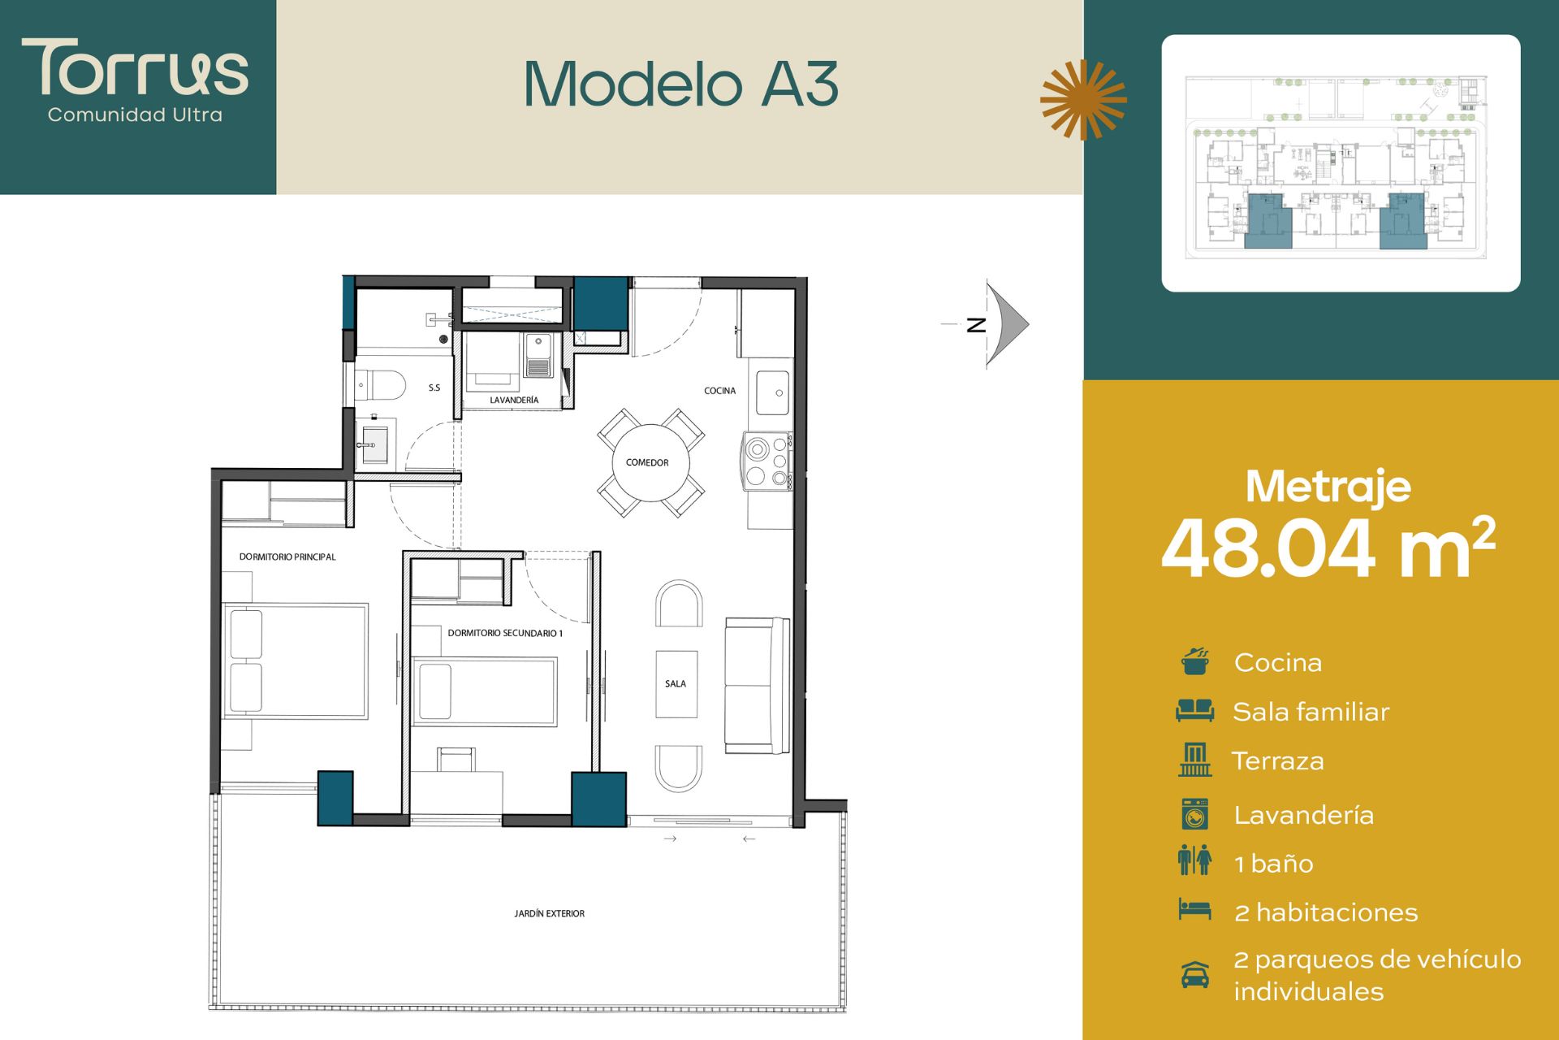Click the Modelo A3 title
click(x=681, y=84)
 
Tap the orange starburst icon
click(x=1083, y=99)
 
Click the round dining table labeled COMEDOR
click(x=650, y=462)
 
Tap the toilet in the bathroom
click(x=381, y=385)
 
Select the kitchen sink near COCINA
click(x=773, y=393)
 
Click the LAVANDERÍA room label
click(x=514, y=400)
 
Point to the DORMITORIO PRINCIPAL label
click(x=287, y=557)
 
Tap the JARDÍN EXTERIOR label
click(x=549, y=913)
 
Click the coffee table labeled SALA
click(x=676, y=684)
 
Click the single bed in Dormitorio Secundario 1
click(x=485, y=691)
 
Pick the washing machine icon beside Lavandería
click(x=1194, y=814)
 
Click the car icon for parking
click(x=1194, y=974)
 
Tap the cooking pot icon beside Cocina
click(x=1195, y=661)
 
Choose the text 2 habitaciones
click(x=1326, y=912)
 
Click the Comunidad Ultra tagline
click(x=135, y=115)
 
